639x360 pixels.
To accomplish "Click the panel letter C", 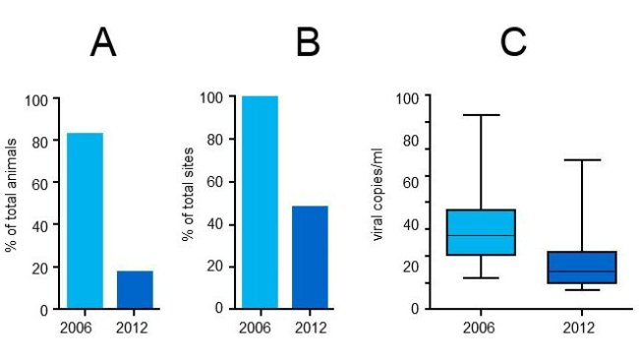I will [x=513, y=42].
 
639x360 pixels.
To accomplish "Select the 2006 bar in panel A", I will [x=85, y=220].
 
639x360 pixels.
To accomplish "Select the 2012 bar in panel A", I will [x=135, y=289].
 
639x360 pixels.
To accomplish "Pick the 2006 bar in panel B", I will [x=261, y=202].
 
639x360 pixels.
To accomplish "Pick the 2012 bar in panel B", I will [x=310, y=257].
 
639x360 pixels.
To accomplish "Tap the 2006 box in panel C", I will [x=481, y=232].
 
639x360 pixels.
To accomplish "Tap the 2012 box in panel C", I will [x=581, y=268].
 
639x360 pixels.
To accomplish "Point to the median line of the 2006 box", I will [x=481, y=235].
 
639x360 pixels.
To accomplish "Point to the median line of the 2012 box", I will [x=581, y=270].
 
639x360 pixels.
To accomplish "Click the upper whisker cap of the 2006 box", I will [x=481, y=115].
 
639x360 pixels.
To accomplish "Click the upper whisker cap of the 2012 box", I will [x=581, y=159].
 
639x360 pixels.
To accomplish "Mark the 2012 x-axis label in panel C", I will [x=580, y=327].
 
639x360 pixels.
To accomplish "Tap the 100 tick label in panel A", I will [x=36, y=99].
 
